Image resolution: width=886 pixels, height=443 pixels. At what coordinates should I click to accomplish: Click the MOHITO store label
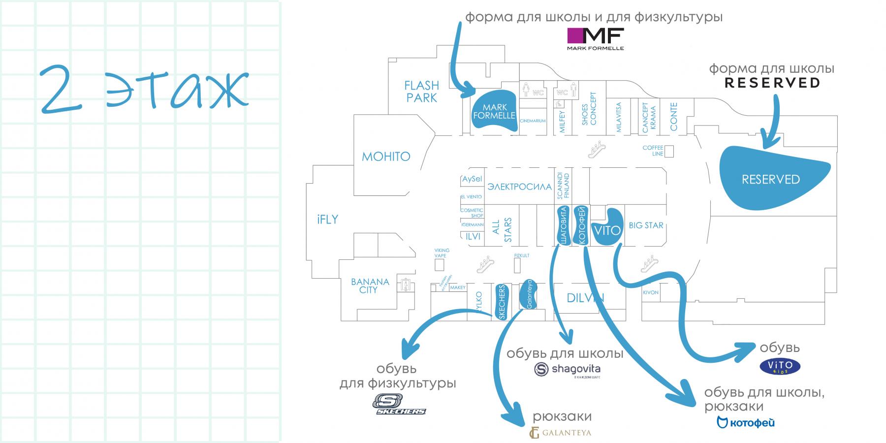[386, 157]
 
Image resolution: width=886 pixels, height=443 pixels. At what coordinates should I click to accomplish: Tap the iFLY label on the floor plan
[327, 220]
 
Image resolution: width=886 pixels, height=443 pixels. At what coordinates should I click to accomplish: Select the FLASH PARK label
[421, 92]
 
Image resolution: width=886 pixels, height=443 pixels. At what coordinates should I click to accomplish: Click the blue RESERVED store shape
[770, 179]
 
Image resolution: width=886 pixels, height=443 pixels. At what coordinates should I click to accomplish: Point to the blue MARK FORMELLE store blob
[494, 112]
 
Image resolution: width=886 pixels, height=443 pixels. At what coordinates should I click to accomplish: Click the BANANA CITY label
[370, 286]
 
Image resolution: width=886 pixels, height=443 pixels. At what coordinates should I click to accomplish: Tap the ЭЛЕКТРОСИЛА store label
[519, 187]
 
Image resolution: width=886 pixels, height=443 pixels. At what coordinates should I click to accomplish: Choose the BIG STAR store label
[646, 225]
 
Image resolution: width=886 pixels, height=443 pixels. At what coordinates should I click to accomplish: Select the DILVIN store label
[585, 298]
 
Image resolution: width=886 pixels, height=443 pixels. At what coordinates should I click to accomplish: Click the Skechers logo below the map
[400, 405]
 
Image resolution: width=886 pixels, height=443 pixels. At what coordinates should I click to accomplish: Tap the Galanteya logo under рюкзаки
[560, 433]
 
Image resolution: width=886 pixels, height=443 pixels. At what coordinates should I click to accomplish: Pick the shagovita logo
[568, 370]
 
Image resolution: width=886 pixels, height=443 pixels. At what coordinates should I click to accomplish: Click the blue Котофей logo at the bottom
[745, 422]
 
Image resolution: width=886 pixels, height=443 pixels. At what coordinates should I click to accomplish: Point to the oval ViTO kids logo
[780, 366]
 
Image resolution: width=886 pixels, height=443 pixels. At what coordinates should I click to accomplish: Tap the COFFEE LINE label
[653, 151]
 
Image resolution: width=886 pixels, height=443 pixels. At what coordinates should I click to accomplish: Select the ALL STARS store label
[502, 230]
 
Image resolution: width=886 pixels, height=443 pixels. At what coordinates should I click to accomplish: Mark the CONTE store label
[674, 117]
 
